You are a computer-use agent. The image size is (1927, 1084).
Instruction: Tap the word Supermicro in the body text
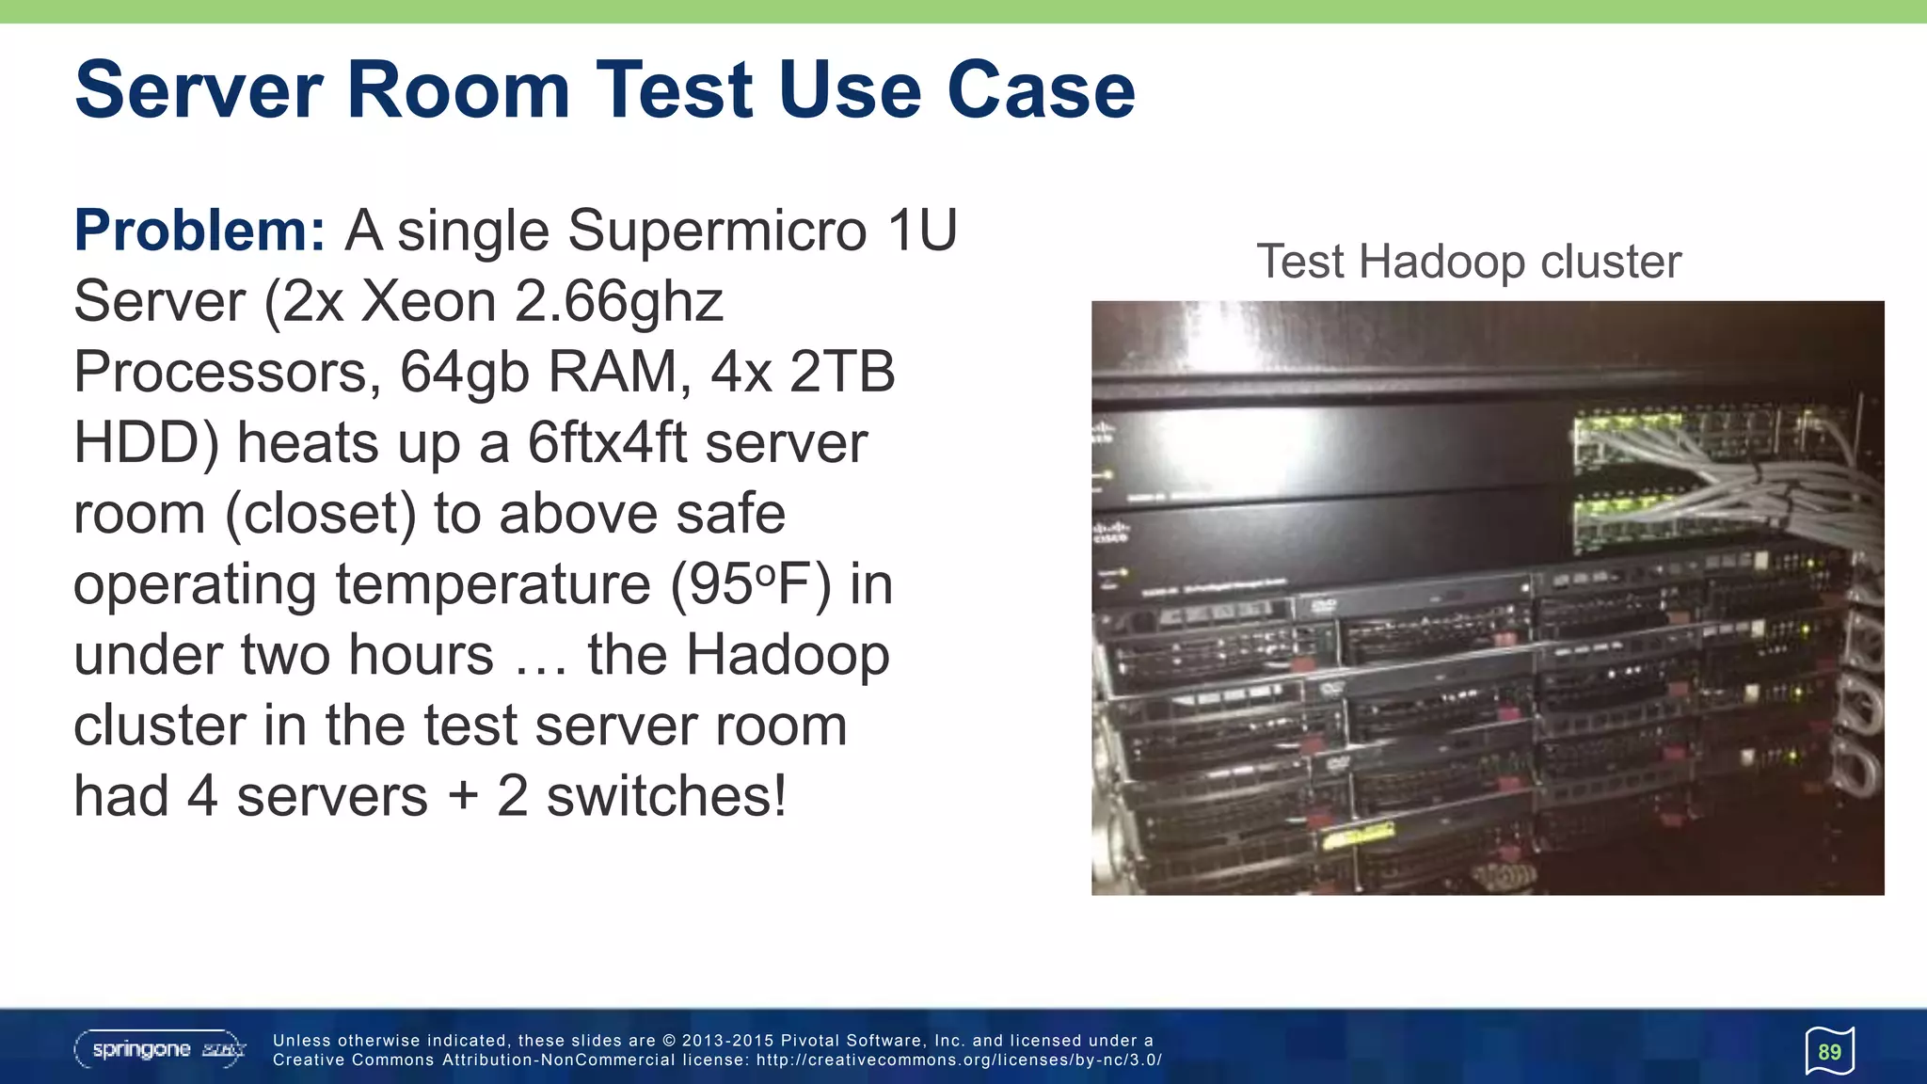tap(717, 231)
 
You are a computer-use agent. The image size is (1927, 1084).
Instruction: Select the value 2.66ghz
tap(619, 301)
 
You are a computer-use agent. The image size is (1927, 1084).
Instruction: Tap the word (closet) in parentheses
tap(321, 514)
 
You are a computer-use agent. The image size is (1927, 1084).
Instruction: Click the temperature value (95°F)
tap(751, 584)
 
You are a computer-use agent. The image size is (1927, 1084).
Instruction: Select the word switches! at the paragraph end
tap(666, 796)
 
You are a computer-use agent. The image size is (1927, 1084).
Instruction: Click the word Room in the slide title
tap(458, 90)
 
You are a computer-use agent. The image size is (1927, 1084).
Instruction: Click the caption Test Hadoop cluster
tap(1468, 262)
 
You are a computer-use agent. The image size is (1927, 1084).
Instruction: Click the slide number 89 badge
tap(1829, 1051)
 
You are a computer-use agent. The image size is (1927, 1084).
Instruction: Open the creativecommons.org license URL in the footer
tap(959, 1060)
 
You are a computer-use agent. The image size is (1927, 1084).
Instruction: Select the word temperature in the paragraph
tap(493, 584)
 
